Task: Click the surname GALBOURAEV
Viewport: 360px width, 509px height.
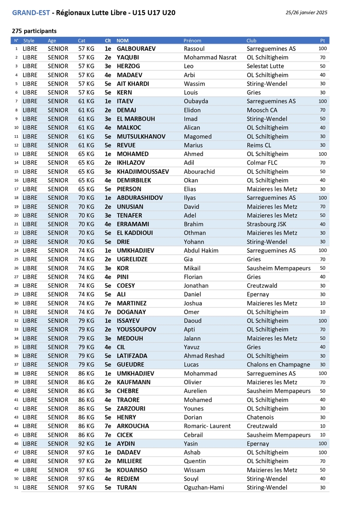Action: (x=136, y=49)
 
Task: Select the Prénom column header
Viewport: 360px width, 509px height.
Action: (x=193, y=41)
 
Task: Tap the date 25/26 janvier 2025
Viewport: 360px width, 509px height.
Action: (x=307, y=13)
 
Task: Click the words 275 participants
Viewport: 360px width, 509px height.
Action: (x=34, y=31)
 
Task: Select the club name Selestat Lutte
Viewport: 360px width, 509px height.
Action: (x=265, y=66)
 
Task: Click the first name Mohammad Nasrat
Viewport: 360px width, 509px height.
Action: (x=210, y=57)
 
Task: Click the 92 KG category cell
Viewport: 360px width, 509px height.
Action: (x=87, y=444)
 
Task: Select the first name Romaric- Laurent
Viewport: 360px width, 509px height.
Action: (x=207, y=426)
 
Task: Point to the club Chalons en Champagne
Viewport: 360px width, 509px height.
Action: (x=278, y=365)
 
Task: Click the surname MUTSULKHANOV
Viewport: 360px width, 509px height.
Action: (x=141, y=137)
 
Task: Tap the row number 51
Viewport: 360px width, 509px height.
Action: (x=16, y=488)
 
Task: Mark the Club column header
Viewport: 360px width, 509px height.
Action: (x=251, y=41)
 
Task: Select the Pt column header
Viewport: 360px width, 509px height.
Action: (x=323, y=41)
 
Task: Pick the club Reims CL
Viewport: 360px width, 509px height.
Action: (x=259, y=145)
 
